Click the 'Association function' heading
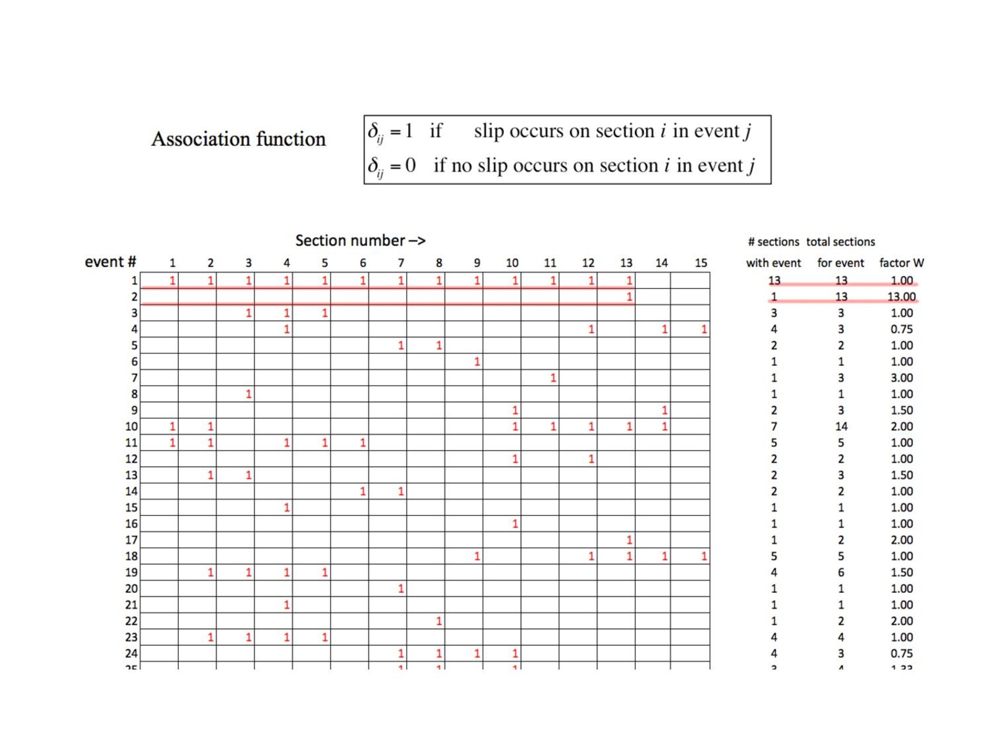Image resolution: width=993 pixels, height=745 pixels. click(238, 139)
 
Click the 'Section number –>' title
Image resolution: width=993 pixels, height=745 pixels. click(360, 241)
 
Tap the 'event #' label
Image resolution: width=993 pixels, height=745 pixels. click(110, 262)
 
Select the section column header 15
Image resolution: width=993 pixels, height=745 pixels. click(701, 263)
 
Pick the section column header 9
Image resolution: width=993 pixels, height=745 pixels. click(477, 263)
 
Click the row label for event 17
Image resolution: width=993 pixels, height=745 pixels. click(132, 540)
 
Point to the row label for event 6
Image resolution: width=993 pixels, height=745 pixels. click(134, 362)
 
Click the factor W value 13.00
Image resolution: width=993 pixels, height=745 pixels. click(901, 297)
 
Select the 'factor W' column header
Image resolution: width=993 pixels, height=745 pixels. click(901, 263)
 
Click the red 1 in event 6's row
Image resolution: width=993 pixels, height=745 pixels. click(477, 362)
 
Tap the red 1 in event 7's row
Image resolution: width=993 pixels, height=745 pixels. click(553, 378)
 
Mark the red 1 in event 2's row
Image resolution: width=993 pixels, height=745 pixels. click(629, 297)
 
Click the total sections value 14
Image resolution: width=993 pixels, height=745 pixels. click(841, 427)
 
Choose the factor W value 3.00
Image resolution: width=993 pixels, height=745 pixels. click(901, 378)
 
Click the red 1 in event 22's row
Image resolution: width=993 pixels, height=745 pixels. click(439, 621)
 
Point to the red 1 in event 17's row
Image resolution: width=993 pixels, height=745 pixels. click(629, 540)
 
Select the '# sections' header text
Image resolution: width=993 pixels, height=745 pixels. click(773, 242)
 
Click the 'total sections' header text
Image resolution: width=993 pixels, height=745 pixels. click(840, 242)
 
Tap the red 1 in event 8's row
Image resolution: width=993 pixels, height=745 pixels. click(248, 394)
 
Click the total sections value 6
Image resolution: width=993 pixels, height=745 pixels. click(841, 572)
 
